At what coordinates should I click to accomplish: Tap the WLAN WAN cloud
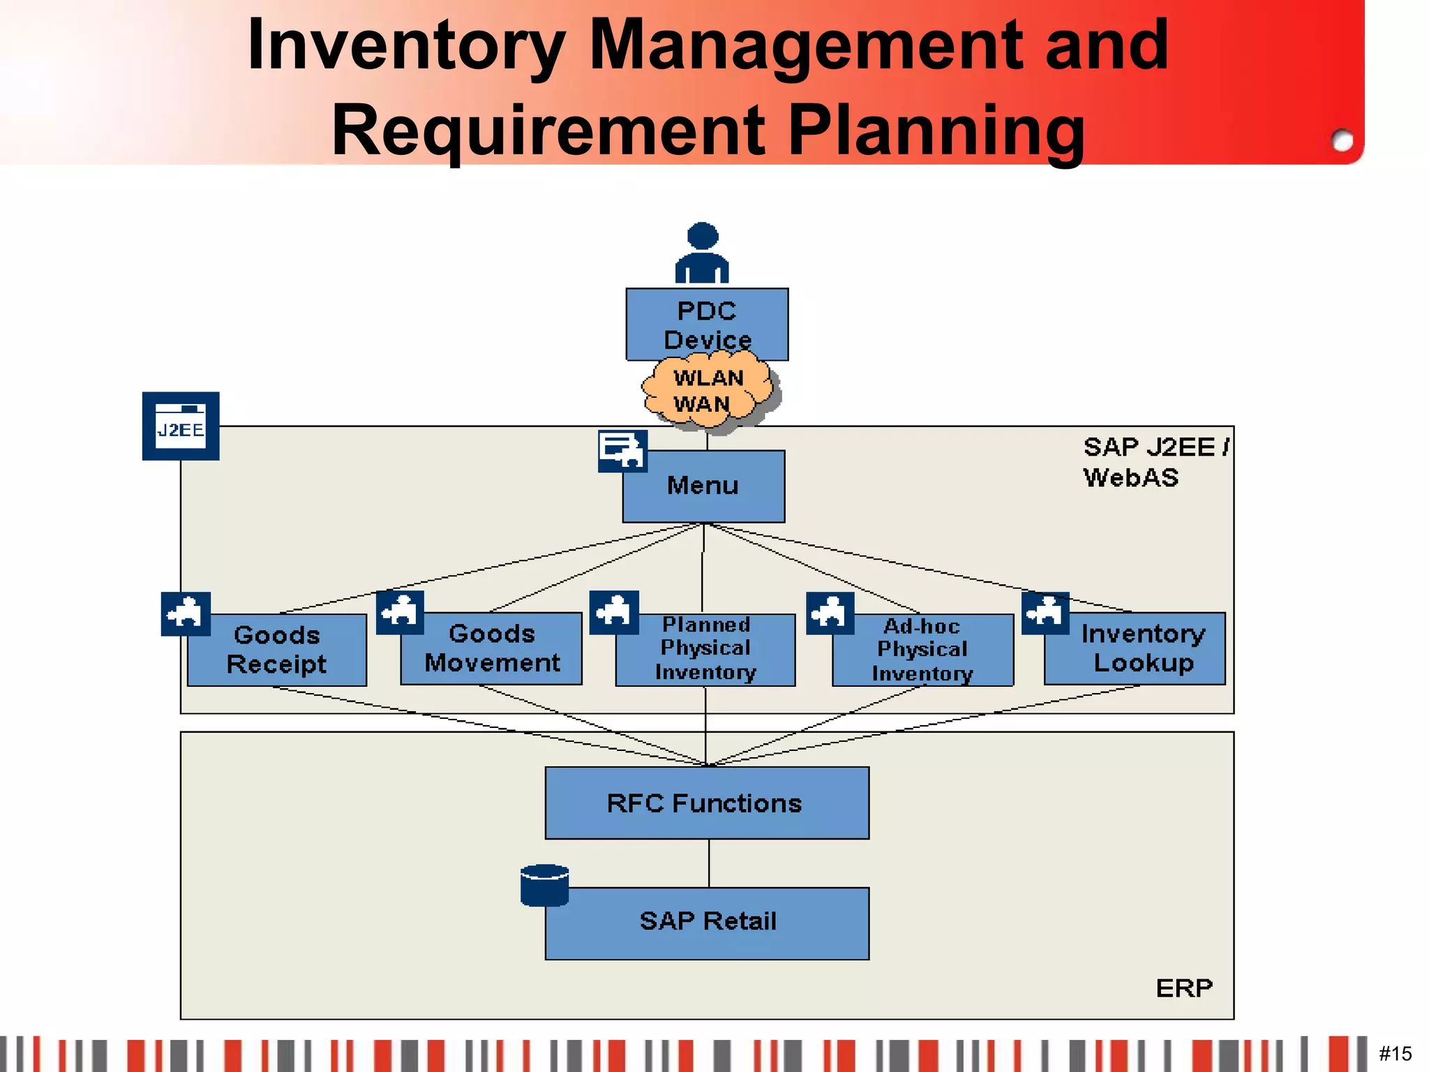(x=708, y=392)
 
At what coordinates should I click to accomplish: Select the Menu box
(x=703, y=486)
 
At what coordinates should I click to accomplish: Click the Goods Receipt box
(x=277, y=650)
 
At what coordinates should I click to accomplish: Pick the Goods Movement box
(x=491, y=648)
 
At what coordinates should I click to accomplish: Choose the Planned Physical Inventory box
(x=705, y=649)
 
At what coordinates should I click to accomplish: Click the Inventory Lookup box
(x=1142, y=648)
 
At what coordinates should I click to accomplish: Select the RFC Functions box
(x=706, y=803)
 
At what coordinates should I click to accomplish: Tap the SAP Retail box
(x=708, y=923)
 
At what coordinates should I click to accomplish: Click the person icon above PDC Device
(x=702, y=253)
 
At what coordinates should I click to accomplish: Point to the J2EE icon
(x=181, y=426)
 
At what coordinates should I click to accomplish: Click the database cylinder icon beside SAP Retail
(x=544, y=885)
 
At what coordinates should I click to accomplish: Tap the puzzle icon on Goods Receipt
(x=186, y=613)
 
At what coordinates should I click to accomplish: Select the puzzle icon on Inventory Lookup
(x=1045, y=613)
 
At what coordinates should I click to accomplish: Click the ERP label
(x=1184, y=988)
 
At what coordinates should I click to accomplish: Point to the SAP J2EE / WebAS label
(x=1155, y=461)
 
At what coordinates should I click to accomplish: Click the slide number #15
(x=1395, y=1053)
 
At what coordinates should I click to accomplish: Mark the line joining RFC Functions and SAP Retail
(x=709, y=863)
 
